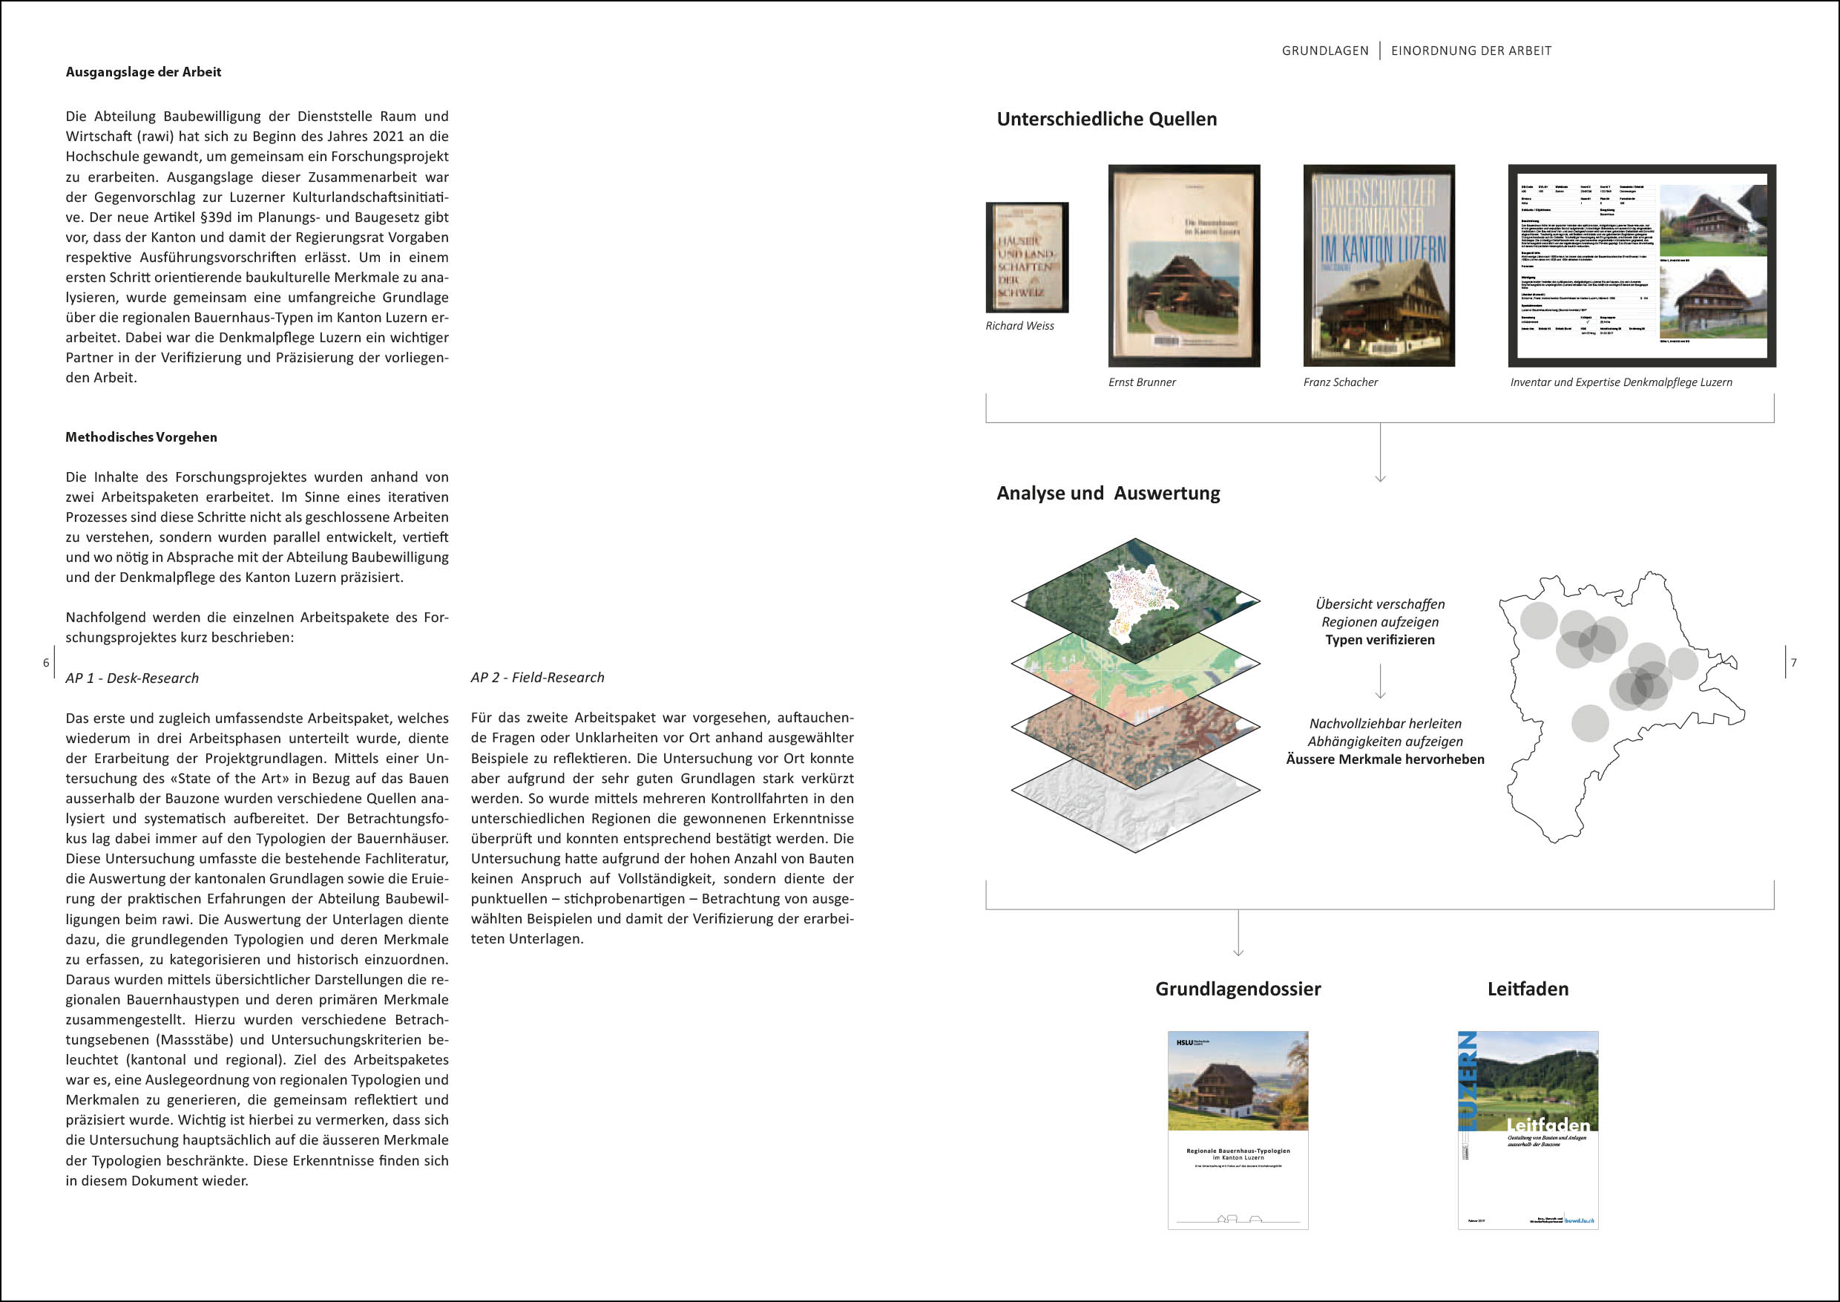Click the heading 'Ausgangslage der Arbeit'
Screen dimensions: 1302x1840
(143, 72)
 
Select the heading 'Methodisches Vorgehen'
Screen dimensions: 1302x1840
(141, 437)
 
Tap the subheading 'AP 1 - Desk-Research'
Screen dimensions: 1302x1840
(132, 678)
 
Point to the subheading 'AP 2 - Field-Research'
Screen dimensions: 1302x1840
(538, 678)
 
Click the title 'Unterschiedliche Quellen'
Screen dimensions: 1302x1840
(1106, 120)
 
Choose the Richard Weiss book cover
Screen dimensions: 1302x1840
(1027, 258)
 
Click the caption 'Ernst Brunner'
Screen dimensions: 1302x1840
(1141, 382)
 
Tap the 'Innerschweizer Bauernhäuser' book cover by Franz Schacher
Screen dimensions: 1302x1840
(1379, 265)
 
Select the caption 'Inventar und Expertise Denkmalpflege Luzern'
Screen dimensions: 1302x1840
(1620, 382)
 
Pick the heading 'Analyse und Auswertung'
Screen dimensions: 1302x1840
(1108, 493)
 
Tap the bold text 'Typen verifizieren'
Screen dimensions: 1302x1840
(1379, 640)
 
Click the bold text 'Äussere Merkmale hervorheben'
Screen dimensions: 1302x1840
(1384, 759)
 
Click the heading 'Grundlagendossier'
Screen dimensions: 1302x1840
(1238, 989)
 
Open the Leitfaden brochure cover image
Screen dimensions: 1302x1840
(1528, 1130)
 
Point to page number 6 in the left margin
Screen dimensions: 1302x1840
(47, 663)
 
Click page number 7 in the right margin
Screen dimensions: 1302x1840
(1793, 663)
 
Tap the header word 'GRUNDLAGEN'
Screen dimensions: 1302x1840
(1324, 51)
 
